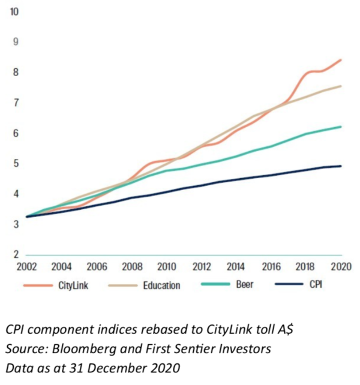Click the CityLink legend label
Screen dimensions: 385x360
pos(74,285)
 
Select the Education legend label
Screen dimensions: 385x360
pos(161,285)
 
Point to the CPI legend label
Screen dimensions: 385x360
pos(316,285)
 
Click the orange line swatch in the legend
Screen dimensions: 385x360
pos(40,285)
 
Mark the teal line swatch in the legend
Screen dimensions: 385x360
pos(214,285)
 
